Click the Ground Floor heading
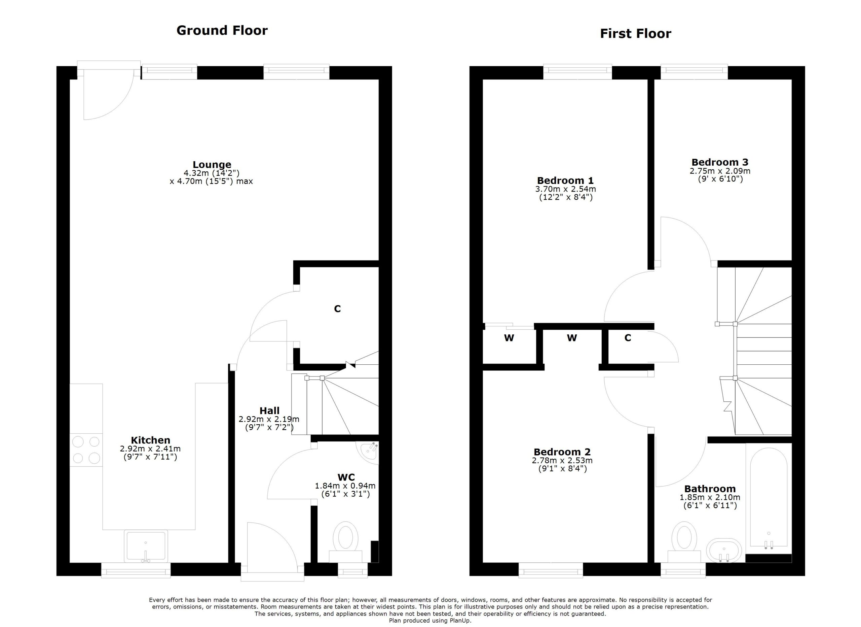(x=222, y=30)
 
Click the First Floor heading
(x=636, y=33)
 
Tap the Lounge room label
(x=212, y=165)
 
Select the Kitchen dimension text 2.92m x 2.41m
(x=150, y=449)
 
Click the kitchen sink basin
(x=146, y=546)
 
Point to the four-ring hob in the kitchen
(x=86, y=450)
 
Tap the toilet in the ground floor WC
(x=345, y=542)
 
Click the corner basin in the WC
(x=368, y=452)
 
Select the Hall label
(x=269, y=410)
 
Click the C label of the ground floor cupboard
(x=337, y=308)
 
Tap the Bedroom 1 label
(x=565, y=180)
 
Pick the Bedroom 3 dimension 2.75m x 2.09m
(x=720, y=171)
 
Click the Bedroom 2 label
(x=562, y=452)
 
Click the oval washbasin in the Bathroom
(x=724, y=550)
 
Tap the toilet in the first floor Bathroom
(x=684, y=542)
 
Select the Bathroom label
(x=710, y=489)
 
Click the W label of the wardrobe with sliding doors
(x=509, y=338)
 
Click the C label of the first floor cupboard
(x=628, y=338)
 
